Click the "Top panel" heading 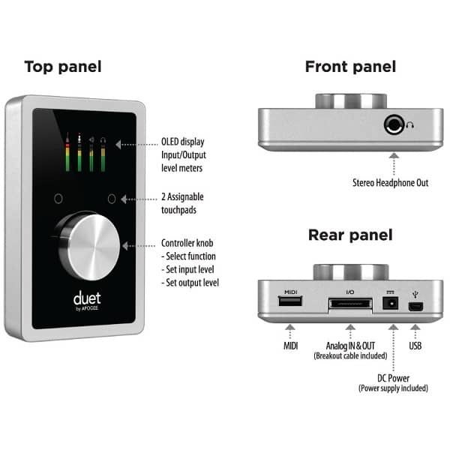point(63,67)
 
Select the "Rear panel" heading point(350,235)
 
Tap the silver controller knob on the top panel point(89,243)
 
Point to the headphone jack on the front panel point(394,125)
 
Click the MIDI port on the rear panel point(291,302)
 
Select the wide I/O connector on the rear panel point(349,305)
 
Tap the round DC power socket point(390,304)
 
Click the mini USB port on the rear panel point(415,305)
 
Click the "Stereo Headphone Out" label point(391,182)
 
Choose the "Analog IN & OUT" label point(349,346)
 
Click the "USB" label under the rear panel point(415,346)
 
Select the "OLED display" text point(182,141)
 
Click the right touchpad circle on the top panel point(112,199)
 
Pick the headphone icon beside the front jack point(410,126)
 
